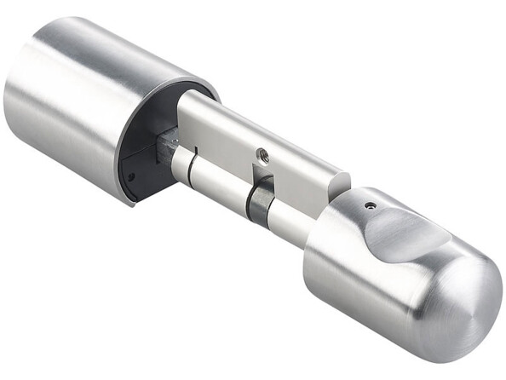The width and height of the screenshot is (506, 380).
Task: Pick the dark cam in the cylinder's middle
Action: [257, 202]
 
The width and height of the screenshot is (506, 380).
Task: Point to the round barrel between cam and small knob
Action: [285, 223]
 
